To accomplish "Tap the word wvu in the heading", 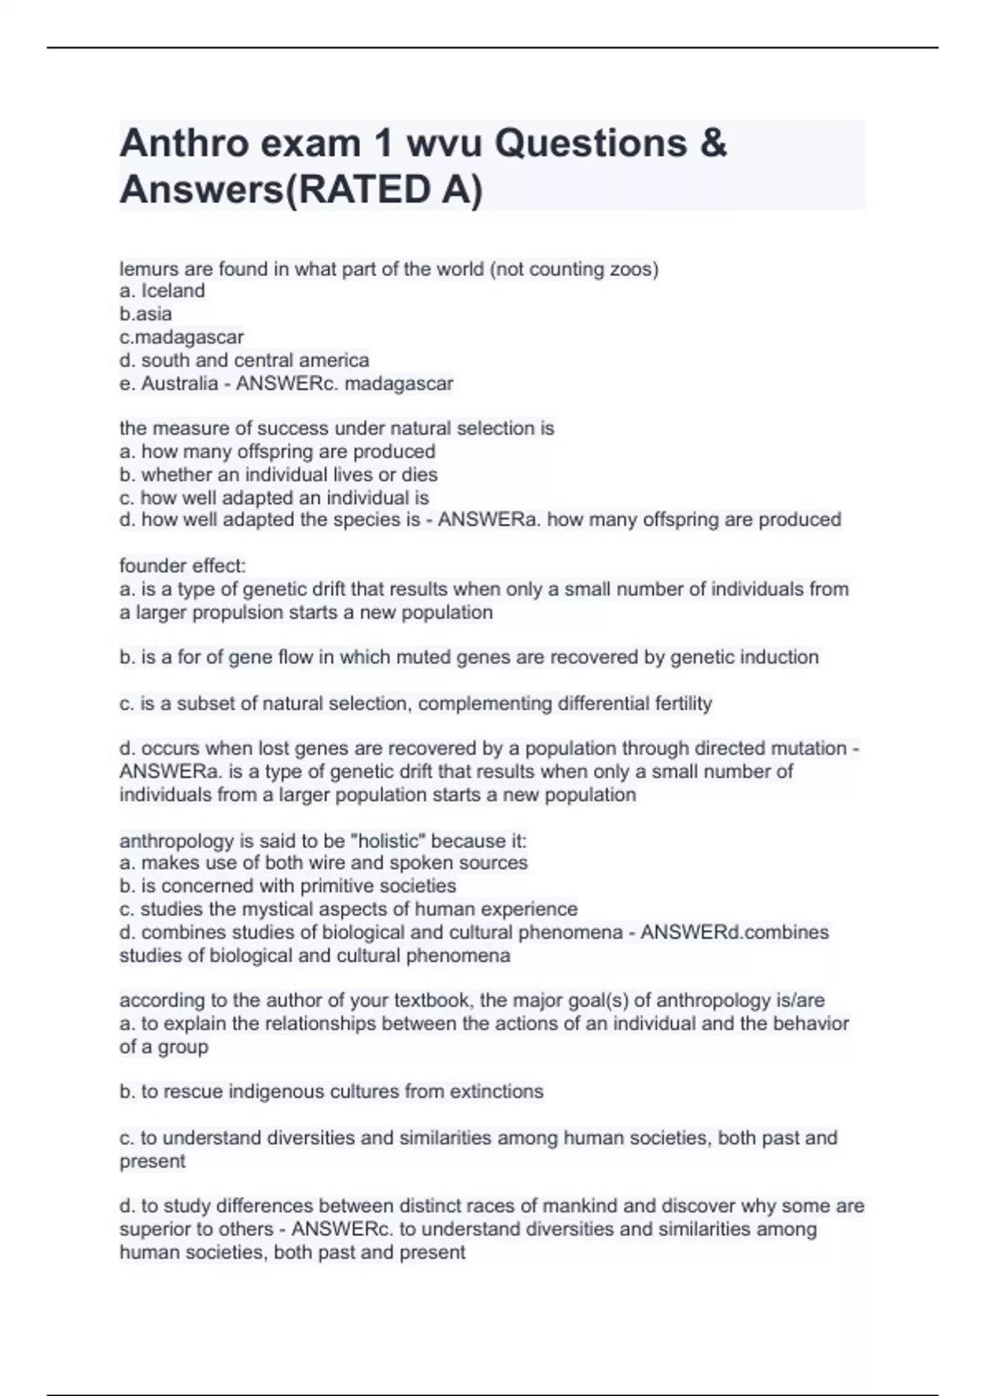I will (x=431, y=144).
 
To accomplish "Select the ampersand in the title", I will (x=714, y=144).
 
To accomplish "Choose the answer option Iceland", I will (x=173, y=291).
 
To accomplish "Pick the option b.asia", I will (x=145, y=314).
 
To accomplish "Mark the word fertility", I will (x=683, y=704).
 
